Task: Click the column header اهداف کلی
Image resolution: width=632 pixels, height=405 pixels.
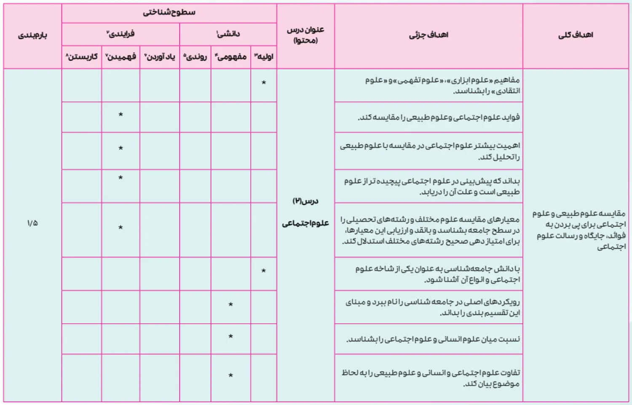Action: tap(576, 35)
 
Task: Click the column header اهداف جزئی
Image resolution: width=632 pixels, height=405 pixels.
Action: tap(428, 35)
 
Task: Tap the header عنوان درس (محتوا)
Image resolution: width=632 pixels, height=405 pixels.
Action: tap(305, 35)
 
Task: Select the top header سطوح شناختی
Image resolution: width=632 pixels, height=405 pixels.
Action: tap(169, 12)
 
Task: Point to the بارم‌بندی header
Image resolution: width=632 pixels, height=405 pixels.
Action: tap(32, 35)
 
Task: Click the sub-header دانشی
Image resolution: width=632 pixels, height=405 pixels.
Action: tap(228, 34)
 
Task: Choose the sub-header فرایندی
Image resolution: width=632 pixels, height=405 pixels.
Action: tap(121, 34)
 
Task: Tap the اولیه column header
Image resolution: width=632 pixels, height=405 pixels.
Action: tap(264, 56)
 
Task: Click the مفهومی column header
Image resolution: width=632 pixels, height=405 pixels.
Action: tap(231, 56)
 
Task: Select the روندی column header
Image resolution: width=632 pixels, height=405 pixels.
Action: tap(195, 56)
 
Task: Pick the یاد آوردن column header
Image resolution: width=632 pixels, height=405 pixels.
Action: tap(160, 56)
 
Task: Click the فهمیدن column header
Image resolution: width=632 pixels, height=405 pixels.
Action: tap(121, 56)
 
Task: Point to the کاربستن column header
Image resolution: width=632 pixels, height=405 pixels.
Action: tap(82, 56)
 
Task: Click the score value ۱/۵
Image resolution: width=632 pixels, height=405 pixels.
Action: tap(32, 223)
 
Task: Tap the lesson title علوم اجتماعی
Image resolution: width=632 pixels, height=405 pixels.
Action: tap(305, 223)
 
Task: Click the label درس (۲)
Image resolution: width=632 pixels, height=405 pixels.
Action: tap(305, 201)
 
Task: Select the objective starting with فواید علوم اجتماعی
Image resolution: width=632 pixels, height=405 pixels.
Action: tap(439, 117)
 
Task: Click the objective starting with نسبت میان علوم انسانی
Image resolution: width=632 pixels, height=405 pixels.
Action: tap(433, 339)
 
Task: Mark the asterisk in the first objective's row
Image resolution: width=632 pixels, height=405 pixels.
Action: tap(264, 83)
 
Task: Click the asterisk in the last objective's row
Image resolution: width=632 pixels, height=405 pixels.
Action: tap(230, 376)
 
